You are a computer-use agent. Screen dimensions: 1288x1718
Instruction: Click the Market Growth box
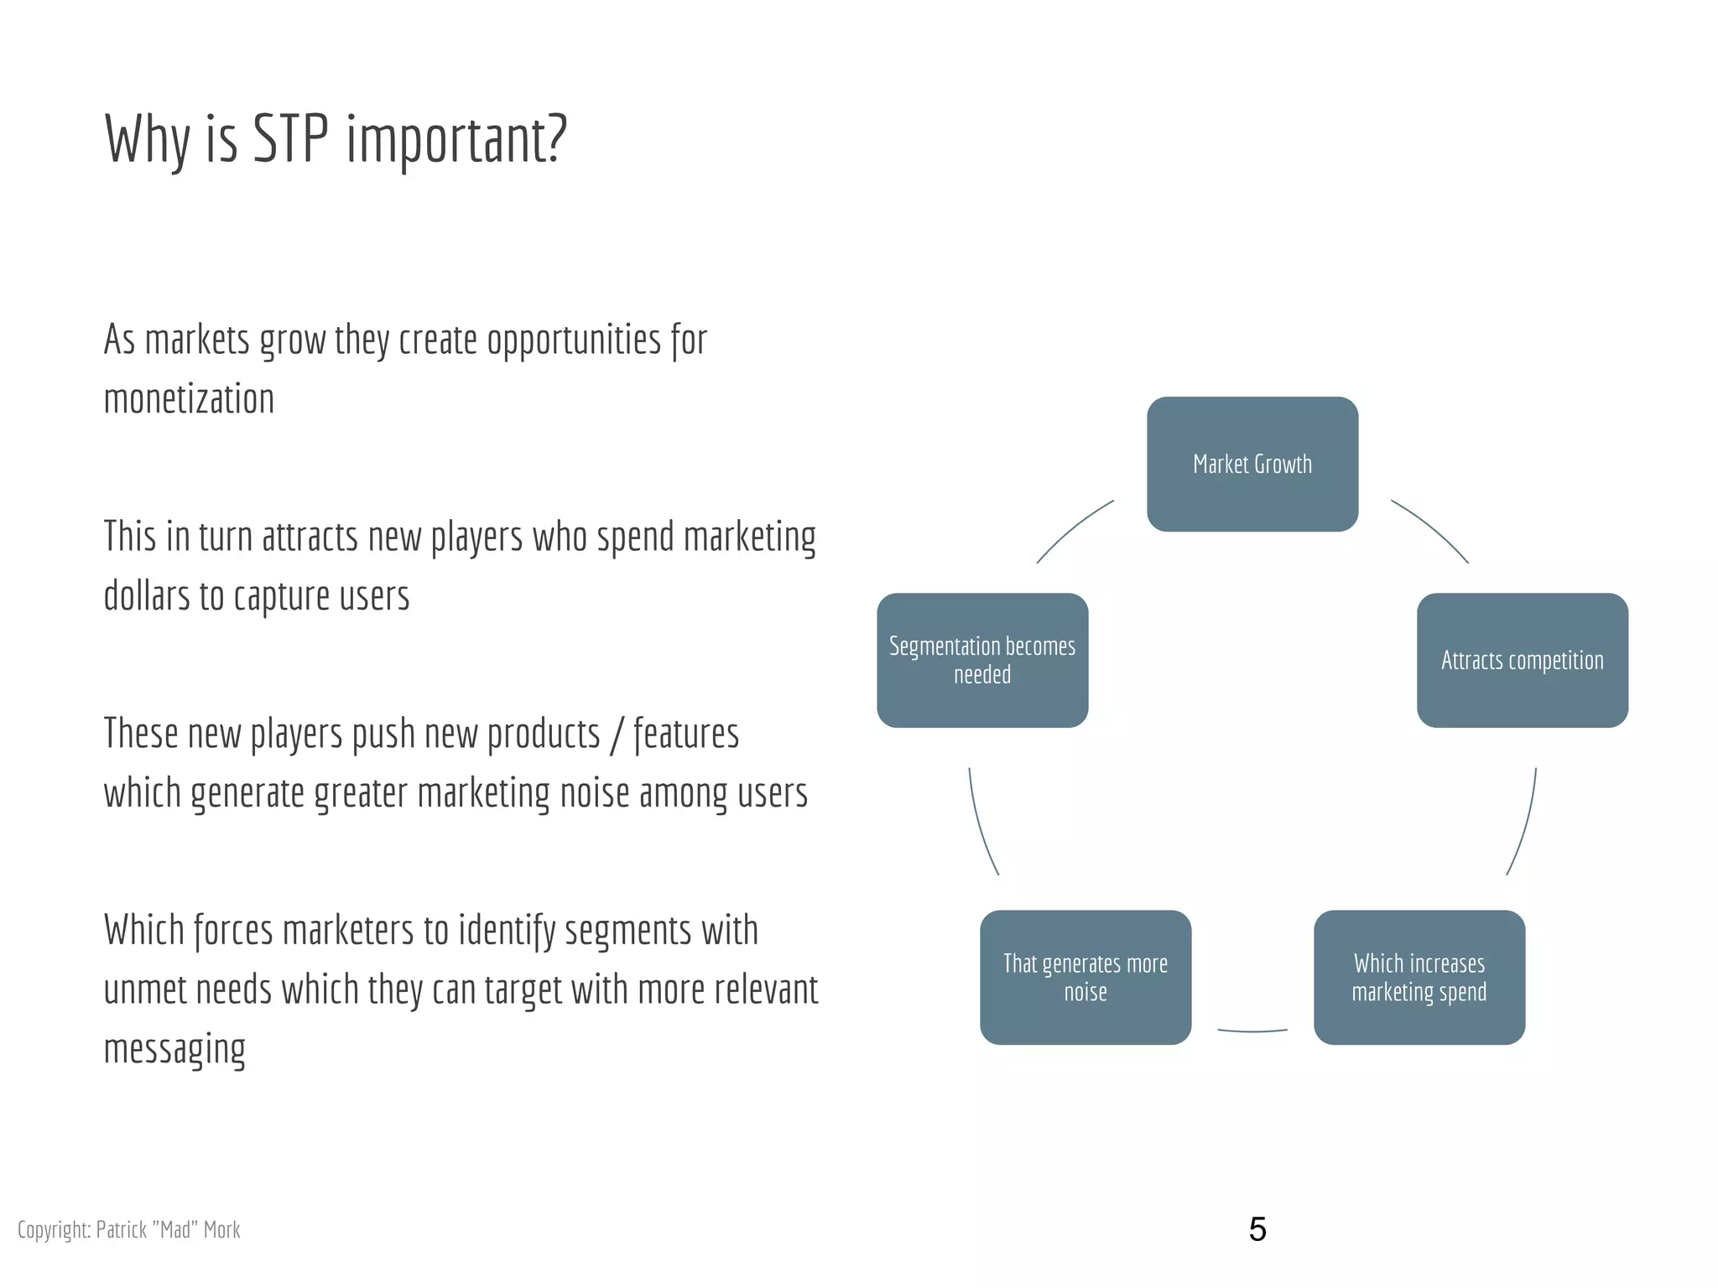click(x=1252, y=464)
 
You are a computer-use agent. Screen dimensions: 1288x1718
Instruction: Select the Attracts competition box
click(x=1522, y=660)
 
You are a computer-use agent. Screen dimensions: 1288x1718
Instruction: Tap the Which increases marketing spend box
click(x=1419, y=977)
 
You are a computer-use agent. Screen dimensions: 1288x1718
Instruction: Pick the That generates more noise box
click(x=1085, y=977)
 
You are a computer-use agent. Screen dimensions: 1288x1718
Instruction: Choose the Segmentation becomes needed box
click(x=982, y=660)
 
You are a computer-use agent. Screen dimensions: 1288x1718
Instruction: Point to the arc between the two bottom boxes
click(x=1252, y=1031)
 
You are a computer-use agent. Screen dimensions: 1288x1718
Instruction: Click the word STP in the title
click(x=290, y=138)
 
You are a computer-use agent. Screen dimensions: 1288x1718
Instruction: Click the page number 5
click(x=1257, y=1229)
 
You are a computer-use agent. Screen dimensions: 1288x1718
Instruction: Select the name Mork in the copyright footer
click(x=221, y=1229)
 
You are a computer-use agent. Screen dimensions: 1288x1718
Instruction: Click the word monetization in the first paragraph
click(x=189, y=399)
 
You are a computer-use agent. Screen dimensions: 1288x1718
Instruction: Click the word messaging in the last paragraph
click(x=174, y=1049)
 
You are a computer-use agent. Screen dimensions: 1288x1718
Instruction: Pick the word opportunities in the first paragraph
click(x=574, y=340)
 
